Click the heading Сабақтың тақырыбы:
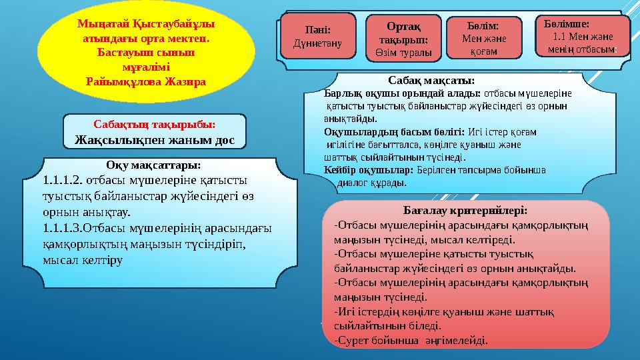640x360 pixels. (x=154, y=125)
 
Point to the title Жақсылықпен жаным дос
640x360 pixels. (x=154, y=139)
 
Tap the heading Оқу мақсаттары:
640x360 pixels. (x=153, y=165)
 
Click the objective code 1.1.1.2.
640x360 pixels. (x=63, y=180)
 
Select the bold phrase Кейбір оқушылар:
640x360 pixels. (x=368, y=170)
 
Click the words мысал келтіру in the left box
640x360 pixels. (x=82, y=261)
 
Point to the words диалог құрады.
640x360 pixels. (x=371, y=183)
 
